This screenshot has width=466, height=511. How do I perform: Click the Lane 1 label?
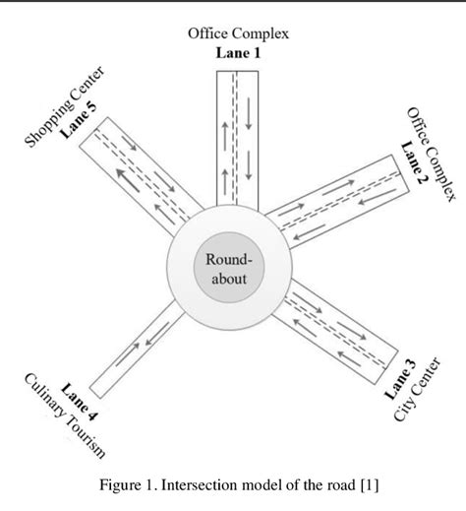pos(239,53)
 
